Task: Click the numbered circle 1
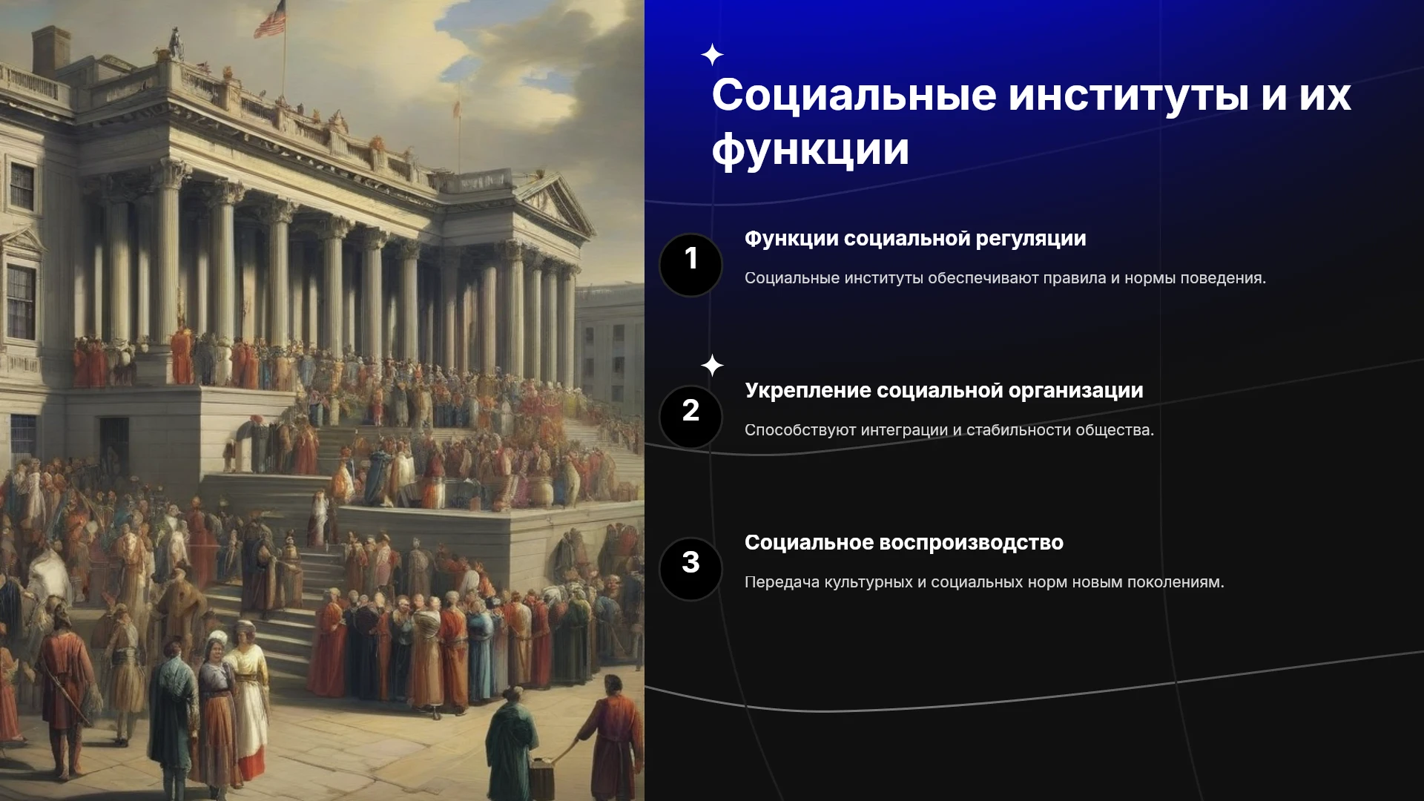coord(690,265)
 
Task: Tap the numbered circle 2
coord(690,417)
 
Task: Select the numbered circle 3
coord(690,569)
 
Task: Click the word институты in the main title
coord(1129,95)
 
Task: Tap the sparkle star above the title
coord(712,55)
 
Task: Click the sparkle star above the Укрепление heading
coord(712,365)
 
